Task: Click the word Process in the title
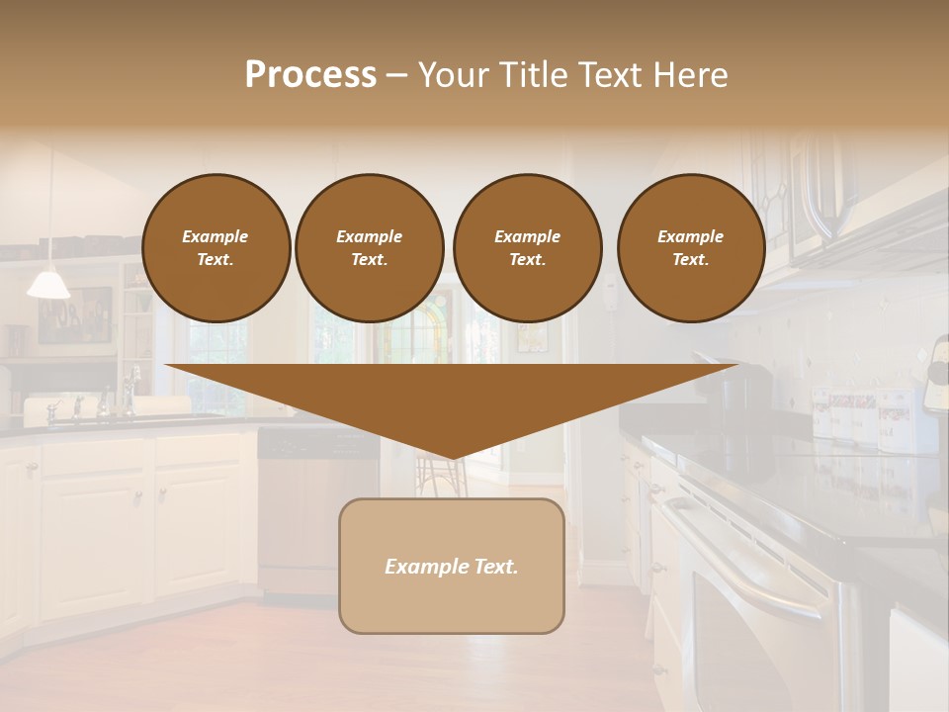click(x=310, y=75)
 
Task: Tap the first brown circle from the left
click(x=216, y=248)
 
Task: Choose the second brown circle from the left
click(x=369, y=248)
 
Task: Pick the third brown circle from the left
click(x=527, y=248)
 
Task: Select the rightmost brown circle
click(x=690, y=248)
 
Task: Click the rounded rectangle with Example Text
click(x=452, y=566)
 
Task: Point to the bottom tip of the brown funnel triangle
click(x=453, y=457)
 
